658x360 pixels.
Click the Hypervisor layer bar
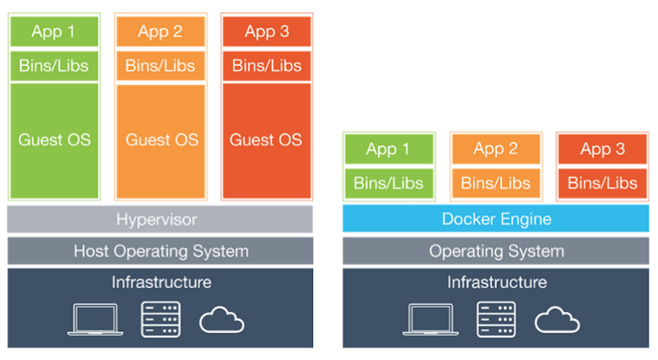click(160, 219)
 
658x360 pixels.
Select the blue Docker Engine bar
click(495, 219)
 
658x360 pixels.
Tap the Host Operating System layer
click(160, 251)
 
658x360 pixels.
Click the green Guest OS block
click(54, 140)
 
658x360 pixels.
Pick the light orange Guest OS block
click(161, 140)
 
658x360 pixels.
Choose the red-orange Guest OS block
click(266, 140)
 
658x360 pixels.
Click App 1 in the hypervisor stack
click(54, 32)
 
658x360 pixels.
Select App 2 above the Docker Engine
click(495, 149)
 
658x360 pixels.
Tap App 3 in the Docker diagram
click(602, 149)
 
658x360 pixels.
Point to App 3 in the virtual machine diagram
click(266, 32)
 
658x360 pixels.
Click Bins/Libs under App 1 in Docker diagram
click(389, 183)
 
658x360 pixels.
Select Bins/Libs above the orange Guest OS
click(161, 65)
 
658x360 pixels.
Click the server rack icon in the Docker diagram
click(496, 319)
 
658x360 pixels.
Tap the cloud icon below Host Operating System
click(222, 320)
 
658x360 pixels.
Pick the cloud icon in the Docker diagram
click(557, 320)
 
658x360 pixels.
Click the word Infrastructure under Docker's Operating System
click(496, 283)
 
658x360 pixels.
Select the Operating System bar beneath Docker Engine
click(495, 251)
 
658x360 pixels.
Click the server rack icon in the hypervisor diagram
click(160, 319)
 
